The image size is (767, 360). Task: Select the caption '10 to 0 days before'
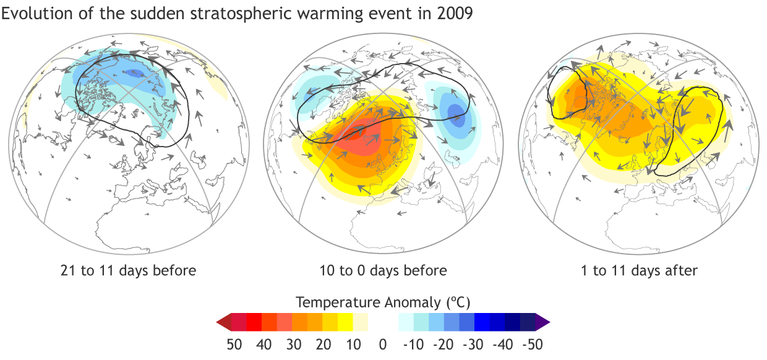click(x=383, y=270)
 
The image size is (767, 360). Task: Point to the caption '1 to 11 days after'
click(x=640, y=270)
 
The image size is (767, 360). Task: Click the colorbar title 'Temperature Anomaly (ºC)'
click(x=383, y=302)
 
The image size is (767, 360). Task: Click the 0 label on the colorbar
click(x=383, y=345)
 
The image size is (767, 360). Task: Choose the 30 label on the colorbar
click(x=293, y=345)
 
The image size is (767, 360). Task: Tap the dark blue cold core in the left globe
click(x=135, y=73)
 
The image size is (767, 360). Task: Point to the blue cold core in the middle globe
click(x=455, y=114)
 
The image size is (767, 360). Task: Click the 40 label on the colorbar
click(x=263, y=345)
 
